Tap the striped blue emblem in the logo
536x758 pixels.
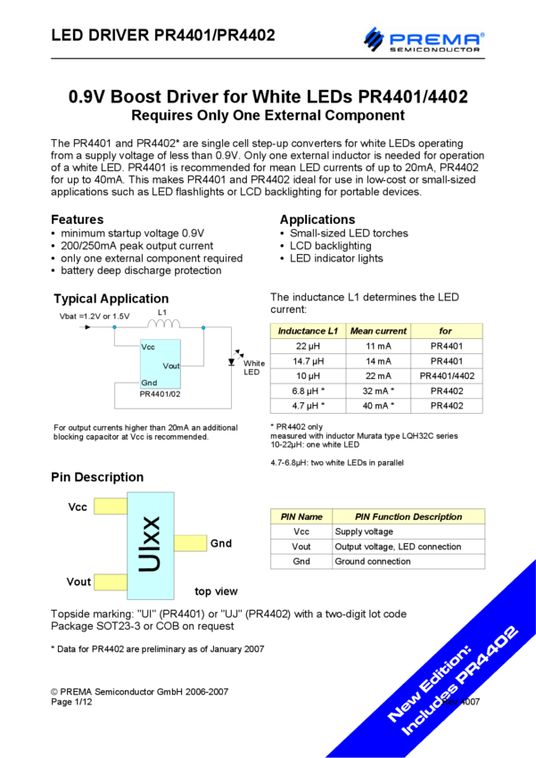373,39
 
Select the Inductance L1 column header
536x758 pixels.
308,331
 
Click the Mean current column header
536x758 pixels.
378,331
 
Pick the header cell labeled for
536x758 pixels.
446,331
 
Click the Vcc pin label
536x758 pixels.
148,347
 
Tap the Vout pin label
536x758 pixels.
171,366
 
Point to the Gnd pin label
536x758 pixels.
149,383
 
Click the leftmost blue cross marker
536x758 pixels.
114,327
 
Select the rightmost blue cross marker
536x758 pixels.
203,327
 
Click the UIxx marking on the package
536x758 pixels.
151,545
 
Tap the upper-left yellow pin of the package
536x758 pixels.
110,507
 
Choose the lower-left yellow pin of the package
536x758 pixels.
110,582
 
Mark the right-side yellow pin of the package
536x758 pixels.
191,543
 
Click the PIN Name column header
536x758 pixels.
301,516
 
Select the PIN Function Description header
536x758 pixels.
408,516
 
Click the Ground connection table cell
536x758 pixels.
373,562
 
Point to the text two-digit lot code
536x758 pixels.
366,614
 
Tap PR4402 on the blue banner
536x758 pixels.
484,661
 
